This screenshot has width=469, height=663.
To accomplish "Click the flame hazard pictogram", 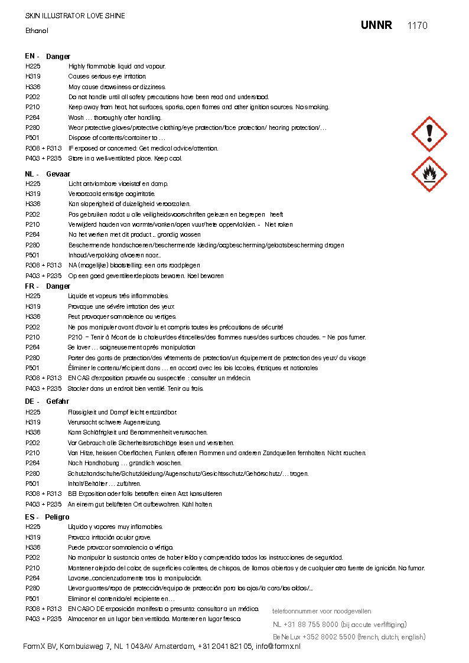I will pyautogui.click(x=429, y=174).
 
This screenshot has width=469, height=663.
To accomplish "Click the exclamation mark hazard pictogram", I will pyautogui.click(x=429, y=134).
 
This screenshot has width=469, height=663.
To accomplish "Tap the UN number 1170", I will pyautogui.click(x=417, y=25).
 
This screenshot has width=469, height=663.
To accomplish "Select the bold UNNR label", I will pyautogui.click(x=376, y=25).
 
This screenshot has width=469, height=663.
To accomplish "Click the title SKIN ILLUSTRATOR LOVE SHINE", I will pyautogui.click(x=75, y=16).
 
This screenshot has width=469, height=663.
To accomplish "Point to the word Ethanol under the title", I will pyautogui.click(x=37, y=30).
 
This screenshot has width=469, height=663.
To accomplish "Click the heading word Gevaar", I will pyautogui.click(x=58, y=174).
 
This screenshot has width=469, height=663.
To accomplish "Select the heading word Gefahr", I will pyautogui.click(x=57, y=401).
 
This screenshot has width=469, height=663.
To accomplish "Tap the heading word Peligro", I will pyautogui.click(x=57, y=517).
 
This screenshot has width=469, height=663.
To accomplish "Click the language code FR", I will pyautogui.click(x=30, y=286).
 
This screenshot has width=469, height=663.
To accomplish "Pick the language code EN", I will pyautogui.click(x=30, y=57).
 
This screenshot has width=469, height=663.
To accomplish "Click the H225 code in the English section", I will pyautogui.click(x=33, y=67).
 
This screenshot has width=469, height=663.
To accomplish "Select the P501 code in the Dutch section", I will pyautogui.click(x=33, y=255).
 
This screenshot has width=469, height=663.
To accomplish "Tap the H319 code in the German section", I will pyautogui.click(x=33, y=422).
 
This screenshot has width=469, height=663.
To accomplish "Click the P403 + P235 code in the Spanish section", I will pyautogui.click(x=44, y=619).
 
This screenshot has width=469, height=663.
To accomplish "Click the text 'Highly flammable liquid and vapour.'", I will pyautogui.click(x=117, y=67).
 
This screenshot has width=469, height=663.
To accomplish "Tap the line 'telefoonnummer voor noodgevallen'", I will pyautogui.click(x=321, y=611).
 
